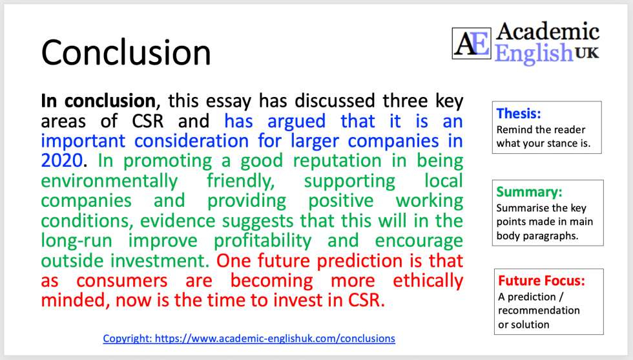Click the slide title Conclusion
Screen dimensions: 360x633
click(x=126, y=51)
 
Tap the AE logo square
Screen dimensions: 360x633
click(x=471, y=43)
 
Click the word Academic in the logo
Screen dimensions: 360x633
click(x=547, y=31)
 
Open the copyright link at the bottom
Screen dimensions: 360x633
click(x=249, y=338)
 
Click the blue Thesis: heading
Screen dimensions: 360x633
click(x=519, y=114)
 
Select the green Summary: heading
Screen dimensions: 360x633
click(x=528, y=192)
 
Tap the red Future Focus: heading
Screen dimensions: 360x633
click(x=541, y=281)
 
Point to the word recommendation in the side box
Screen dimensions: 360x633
click(x=539, y=310)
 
